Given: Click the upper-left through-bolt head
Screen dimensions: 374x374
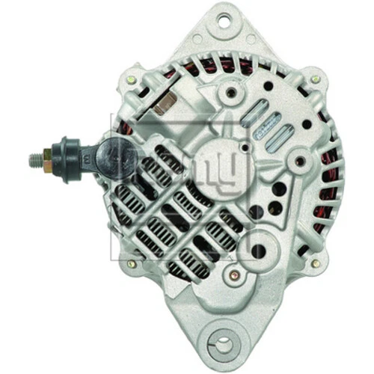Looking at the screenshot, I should point(131,79).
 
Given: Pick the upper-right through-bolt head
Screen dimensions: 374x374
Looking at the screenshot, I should point(316,79).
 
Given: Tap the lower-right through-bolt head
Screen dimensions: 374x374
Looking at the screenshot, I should point(316,263).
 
